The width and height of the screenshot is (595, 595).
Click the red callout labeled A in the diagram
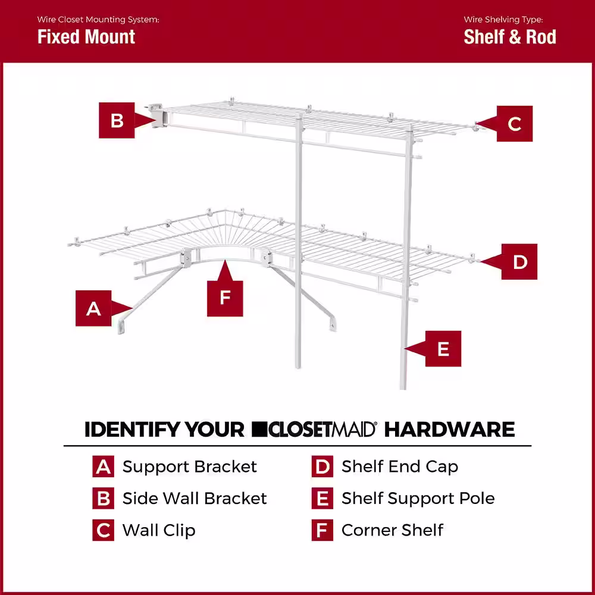[94, 308]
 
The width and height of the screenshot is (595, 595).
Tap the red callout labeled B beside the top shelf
[117, 120]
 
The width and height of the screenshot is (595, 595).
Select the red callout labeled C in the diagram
[514, 124]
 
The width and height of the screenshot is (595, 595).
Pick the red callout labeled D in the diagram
[519, 262]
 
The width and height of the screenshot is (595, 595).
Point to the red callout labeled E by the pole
[443, 349]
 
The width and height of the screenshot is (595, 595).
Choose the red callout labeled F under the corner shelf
[225, 297]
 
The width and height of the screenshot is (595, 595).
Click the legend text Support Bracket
[190, 466]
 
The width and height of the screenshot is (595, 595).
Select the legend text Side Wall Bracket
[195, 498]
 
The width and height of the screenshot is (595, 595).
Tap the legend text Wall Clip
[159, 530]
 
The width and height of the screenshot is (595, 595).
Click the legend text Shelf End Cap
[400, 466]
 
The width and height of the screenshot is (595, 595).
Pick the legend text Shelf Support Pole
[418, 498]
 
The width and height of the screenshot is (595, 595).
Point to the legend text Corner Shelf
[393, 530]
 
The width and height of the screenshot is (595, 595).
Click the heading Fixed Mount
[86, 37]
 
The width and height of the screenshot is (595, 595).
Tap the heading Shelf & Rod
[510, 37]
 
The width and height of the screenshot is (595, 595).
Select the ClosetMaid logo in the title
[314, 429]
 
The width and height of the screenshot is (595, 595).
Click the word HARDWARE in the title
[449, 429]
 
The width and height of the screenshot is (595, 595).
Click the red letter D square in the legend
[322, 466]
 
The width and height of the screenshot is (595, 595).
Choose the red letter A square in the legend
[103, 466]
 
